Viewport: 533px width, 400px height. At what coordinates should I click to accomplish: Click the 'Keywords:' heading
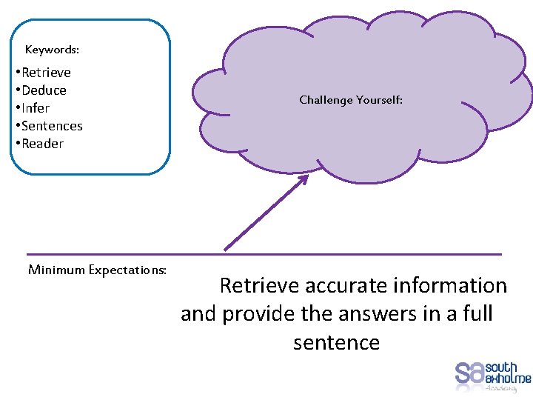pos(52,50)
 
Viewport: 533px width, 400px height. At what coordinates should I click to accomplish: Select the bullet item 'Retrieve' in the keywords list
pos(46,73)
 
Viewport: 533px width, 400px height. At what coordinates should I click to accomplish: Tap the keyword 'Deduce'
pos(44,90)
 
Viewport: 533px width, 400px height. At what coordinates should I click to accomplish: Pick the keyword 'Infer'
pos(36,108)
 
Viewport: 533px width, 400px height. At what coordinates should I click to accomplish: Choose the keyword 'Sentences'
pos(52,126)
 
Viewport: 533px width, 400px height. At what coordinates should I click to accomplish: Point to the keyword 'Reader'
pos(42,144)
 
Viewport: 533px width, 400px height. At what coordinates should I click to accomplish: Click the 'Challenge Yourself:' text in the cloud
pos(351,100)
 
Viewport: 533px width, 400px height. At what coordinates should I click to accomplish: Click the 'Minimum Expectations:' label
pos(97,270)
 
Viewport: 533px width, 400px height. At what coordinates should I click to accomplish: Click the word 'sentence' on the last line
pos(336,343)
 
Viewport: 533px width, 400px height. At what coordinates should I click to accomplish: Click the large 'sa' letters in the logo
pos(469,372)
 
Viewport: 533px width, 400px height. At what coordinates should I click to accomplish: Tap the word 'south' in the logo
pos(501,367)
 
